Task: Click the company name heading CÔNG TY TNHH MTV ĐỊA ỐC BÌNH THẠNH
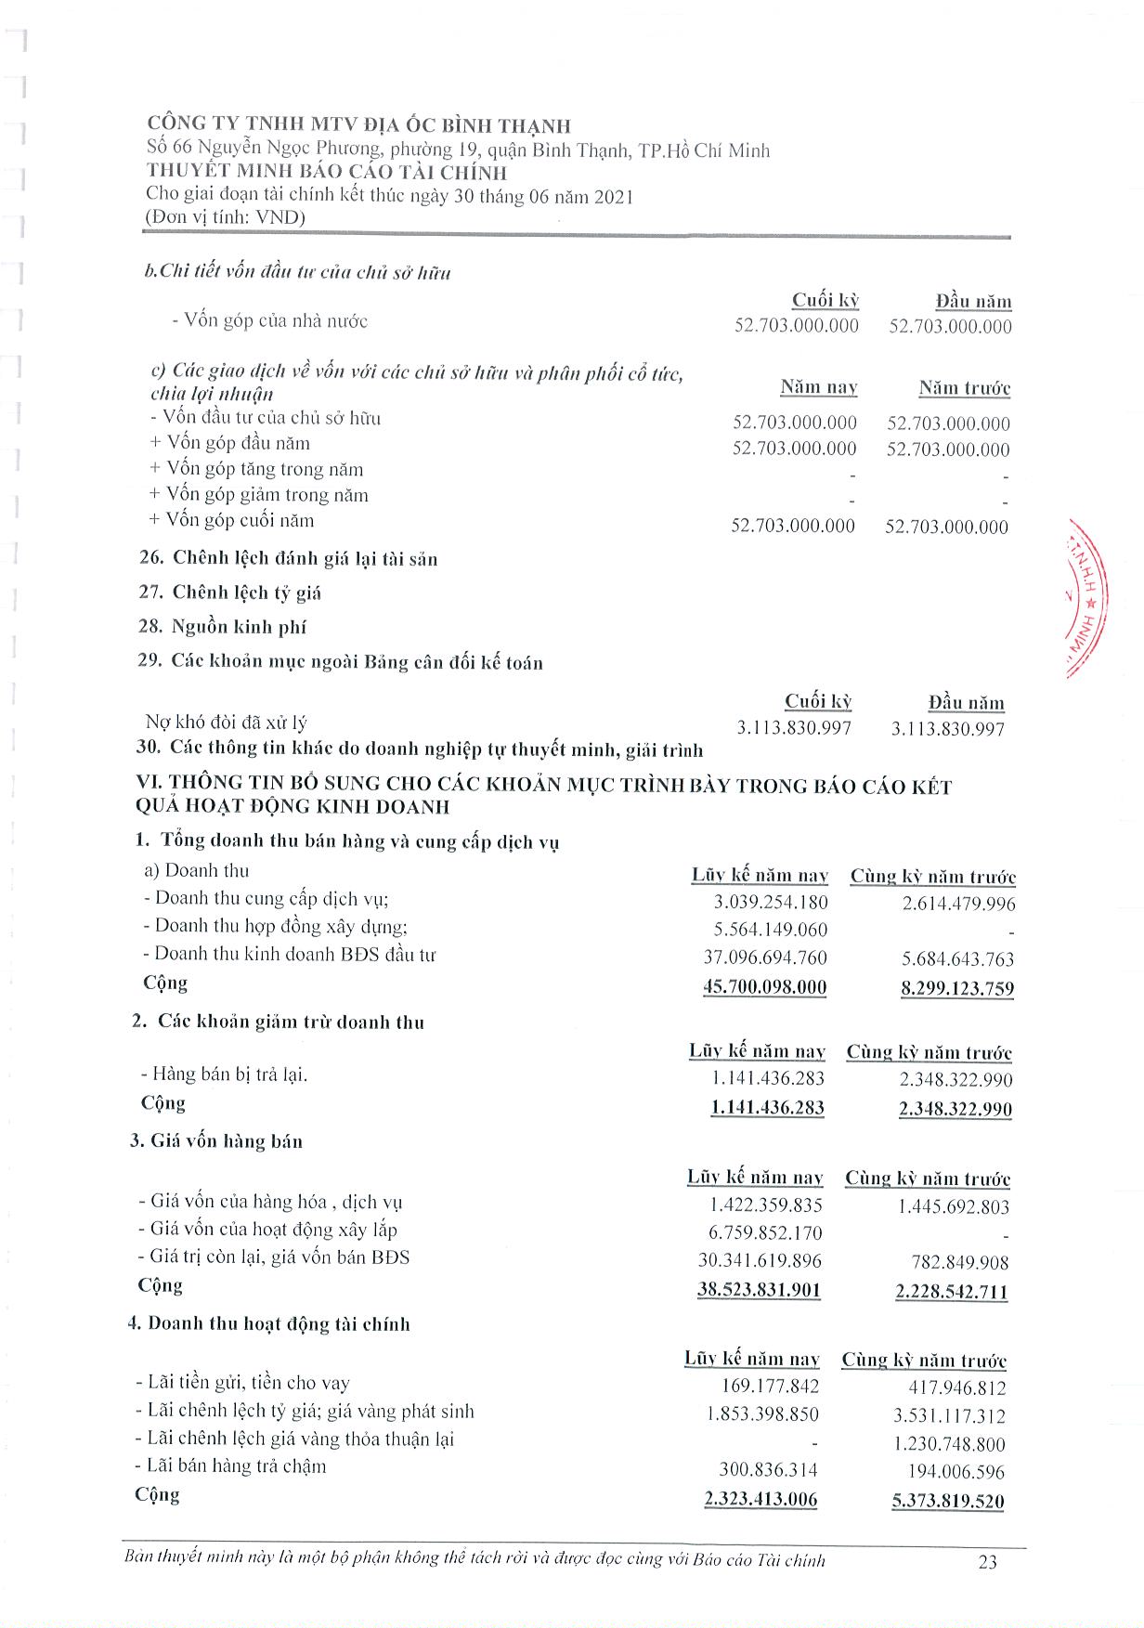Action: [359, 125]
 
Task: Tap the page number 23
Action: [987, 1562]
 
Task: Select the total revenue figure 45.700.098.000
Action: [765, 986]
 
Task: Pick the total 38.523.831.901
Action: [760, 1290]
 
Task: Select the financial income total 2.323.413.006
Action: [761, 1498]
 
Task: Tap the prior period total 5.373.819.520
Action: [948, 1501]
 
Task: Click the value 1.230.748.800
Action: [949, 1444]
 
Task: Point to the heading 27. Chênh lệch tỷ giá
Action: [229, 593]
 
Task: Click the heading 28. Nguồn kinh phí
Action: [222, 627]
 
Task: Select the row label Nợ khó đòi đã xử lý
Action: [226, 723]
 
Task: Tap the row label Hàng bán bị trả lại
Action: [224, 1074]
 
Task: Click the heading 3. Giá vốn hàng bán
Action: [216, 1140]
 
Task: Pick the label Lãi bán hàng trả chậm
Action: [231, 1466]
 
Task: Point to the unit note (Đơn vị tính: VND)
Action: [226, 217]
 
